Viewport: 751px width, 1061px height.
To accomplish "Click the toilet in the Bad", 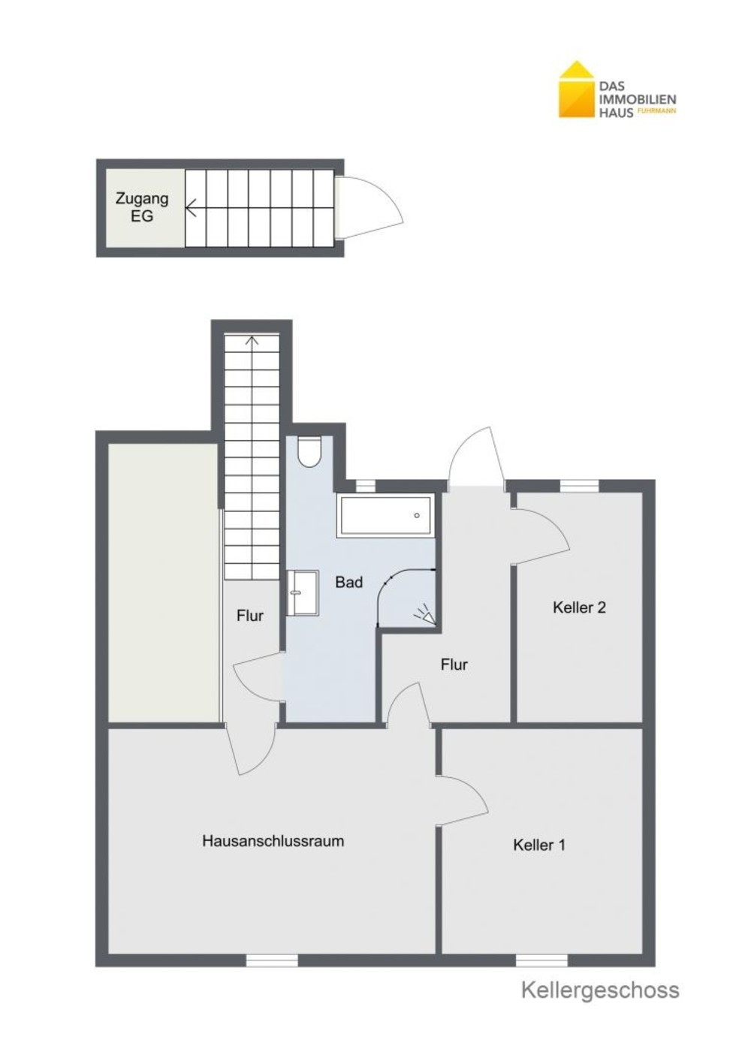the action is (x=309, y=452).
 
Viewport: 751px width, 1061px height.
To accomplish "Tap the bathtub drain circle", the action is (x=417, y=515).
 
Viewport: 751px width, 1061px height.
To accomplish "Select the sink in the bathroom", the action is (x=303, y=592).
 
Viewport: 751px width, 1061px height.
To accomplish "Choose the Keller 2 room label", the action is (x=579, y=607).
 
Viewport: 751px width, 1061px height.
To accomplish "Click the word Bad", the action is (x=348, y=582).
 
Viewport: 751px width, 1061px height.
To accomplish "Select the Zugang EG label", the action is (x=142, y=207).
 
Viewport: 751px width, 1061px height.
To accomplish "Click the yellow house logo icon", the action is (x=577, y=89).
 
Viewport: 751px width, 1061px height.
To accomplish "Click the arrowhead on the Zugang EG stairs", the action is (x=191, y=207).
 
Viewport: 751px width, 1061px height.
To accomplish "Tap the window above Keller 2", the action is (x=579, y=486).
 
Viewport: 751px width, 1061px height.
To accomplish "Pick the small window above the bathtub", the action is (x=365, y=486).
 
